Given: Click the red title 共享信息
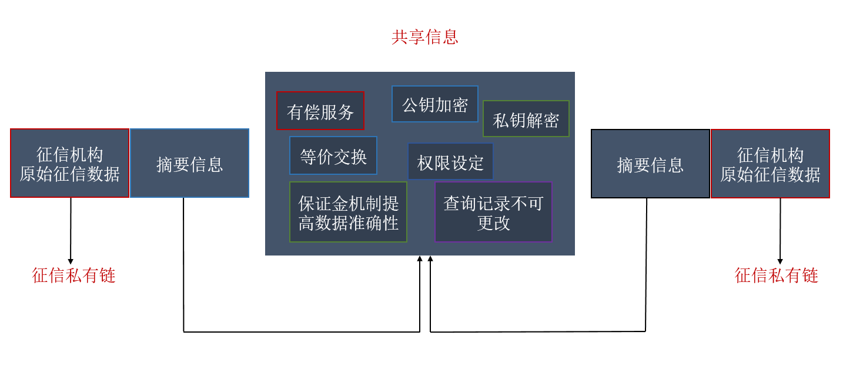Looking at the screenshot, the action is point(424,37).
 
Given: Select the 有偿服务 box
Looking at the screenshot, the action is point(320,111).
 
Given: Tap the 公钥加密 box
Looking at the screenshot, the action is point(434,104).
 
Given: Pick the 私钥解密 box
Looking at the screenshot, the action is point(526,119).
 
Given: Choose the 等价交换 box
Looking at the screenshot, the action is point(333,155).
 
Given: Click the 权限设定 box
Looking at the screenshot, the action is point(450,161).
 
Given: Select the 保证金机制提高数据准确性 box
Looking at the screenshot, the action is point(348,212).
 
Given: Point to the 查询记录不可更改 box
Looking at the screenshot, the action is point(493,212).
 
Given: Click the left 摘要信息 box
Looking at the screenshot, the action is point(189,163).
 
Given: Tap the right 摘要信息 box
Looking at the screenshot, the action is point(650,164).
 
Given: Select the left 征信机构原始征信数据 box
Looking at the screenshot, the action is point(69,163).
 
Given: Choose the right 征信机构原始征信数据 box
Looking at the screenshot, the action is point(770,164).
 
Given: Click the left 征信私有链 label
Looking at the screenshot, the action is point(73,276).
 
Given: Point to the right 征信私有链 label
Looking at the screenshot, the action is point(777,276).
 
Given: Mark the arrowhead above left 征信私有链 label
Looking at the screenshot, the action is point(71,261).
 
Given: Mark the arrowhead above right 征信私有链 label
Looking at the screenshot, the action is point(780,261).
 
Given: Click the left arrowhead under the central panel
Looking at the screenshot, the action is point(420,258).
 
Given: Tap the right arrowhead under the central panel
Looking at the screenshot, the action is point(430,258).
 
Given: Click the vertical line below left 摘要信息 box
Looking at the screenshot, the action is point(183,265).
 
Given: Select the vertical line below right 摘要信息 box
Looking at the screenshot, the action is point(646,265).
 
